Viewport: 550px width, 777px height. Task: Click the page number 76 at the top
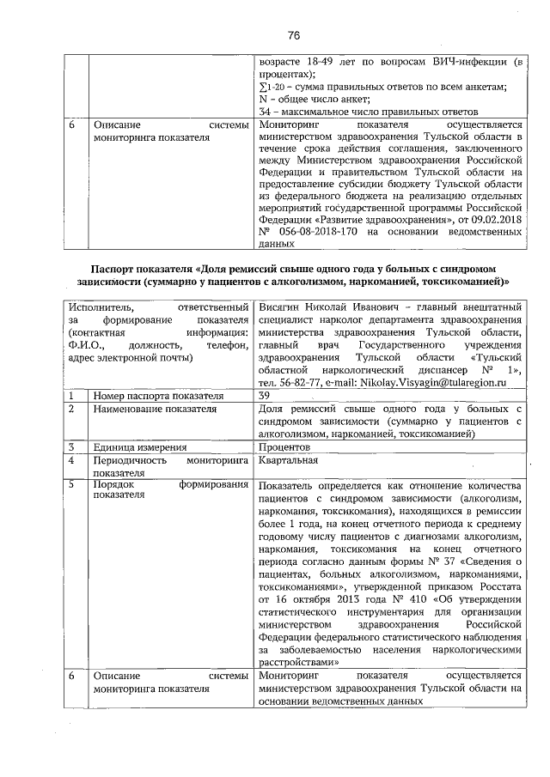coord(293,35)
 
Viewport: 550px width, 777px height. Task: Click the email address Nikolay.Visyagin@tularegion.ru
coord(437,380)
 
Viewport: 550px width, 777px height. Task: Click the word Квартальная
coord(290,460)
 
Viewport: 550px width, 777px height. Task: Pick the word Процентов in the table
coord(284,446)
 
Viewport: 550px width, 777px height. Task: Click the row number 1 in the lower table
coord(74,396)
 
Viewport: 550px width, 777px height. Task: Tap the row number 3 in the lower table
coord(74,446)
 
